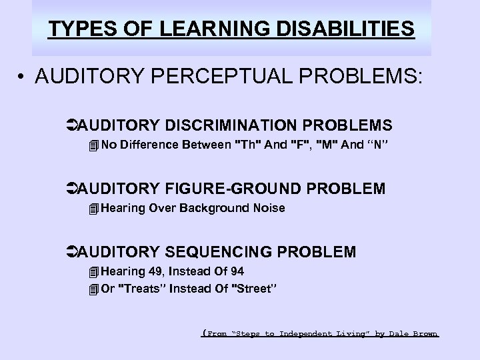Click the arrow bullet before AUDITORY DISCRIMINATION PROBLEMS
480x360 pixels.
pos(72,125)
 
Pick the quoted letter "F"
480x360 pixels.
pos(303,144)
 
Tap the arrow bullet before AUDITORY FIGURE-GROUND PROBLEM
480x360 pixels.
pos(72,189)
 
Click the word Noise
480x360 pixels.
pos(268,208)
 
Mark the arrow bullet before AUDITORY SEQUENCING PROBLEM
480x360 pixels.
pos(72,252)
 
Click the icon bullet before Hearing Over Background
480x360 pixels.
pos(93,209)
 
